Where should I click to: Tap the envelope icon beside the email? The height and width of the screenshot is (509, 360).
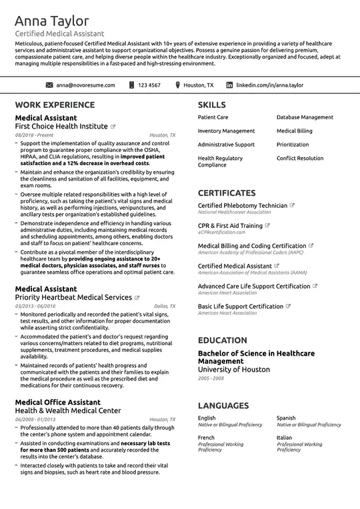tap(49, 85)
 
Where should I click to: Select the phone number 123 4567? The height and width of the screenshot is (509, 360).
tap(149, 85)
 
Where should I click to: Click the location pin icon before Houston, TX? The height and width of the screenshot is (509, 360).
tap(177, 85)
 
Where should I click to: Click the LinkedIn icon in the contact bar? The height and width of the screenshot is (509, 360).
tap(230, 85)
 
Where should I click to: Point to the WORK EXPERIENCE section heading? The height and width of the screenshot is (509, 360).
tap(55, 105)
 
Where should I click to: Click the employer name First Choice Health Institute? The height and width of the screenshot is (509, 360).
tap(61, 126)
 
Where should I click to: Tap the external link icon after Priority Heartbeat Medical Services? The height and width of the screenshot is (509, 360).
tap(137, 297)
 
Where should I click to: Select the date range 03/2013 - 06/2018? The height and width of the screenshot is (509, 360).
tap(35, 306)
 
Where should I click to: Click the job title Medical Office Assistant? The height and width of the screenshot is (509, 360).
tap(58, 402)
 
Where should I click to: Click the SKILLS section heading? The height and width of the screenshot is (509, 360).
tap(212, 105)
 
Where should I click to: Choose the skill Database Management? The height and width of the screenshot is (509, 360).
tap(305, 117)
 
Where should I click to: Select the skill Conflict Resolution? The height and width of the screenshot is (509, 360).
tap(300, 159)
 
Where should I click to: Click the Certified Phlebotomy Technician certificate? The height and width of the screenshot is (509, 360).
tap(243, 205)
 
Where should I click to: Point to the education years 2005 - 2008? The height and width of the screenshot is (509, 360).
tap(211, 378)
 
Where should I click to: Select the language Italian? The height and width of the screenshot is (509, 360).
tap(285, 438)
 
